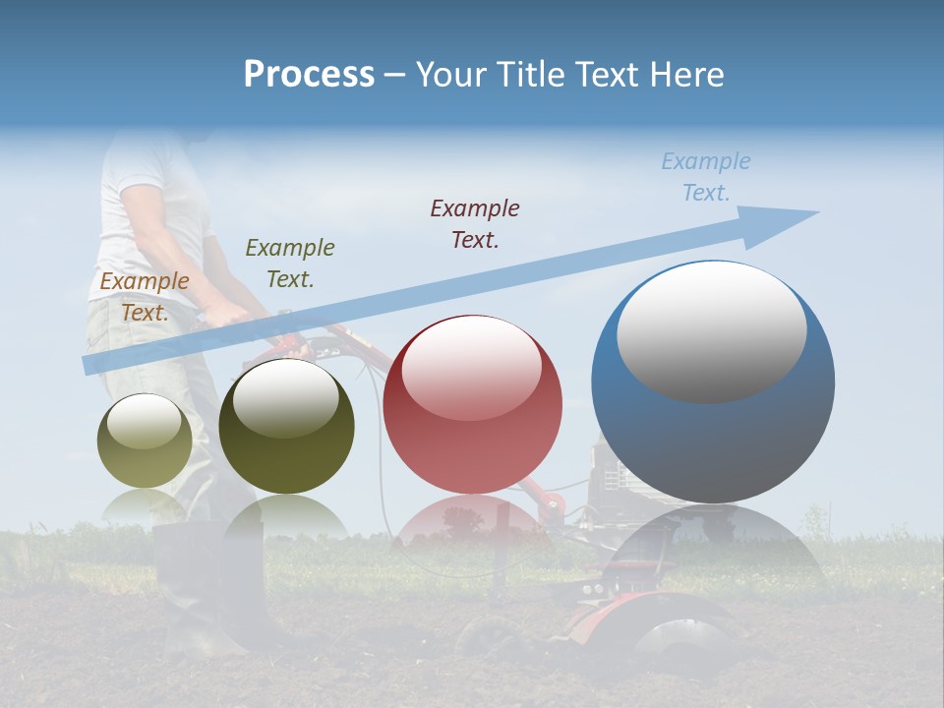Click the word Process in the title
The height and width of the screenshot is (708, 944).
(x=309, y=75)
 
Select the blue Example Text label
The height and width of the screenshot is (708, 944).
(x=705, y=177)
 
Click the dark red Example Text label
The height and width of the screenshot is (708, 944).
(x=475, y=223)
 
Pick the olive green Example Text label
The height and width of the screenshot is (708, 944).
(x=290, y=263)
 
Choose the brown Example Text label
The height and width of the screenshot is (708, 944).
(x=145, y=296)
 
